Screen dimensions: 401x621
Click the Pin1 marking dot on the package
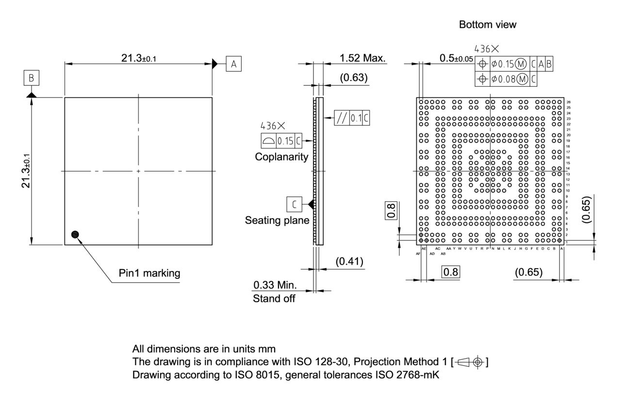[74, 235]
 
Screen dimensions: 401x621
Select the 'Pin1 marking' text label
[149, 273]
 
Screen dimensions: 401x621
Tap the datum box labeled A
[233, 64]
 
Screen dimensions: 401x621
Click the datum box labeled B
[31, 78]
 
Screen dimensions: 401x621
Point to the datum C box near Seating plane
[294, 205]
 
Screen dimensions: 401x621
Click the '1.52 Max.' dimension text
[362, 58]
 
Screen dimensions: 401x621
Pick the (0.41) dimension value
[349, 262]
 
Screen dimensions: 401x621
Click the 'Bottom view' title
[488, 25]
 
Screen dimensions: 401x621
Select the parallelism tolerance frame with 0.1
[352, 118]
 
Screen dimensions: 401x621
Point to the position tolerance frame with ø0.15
[515, 64]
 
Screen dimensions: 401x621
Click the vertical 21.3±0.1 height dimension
[27, 171]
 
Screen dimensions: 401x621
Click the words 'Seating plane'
[277, 221]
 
